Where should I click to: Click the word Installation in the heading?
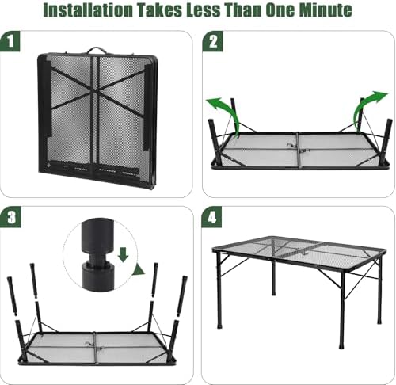88,10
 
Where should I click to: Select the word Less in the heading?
203,10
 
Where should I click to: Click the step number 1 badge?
10,41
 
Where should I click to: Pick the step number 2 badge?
213,41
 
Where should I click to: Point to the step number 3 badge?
10,218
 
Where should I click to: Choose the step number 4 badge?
212,218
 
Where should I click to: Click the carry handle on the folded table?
96,50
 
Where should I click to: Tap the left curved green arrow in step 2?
227,112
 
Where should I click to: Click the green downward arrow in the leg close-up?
123,254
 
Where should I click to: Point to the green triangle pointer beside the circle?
139,269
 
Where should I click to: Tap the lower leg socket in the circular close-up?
97,276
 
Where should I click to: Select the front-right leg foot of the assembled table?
341,345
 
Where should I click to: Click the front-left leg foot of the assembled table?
219,325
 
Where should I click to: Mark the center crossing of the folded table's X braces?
94,91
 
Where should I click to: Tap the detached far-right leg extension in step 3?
182,296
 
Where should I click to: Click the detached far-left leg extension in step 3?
12,296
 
